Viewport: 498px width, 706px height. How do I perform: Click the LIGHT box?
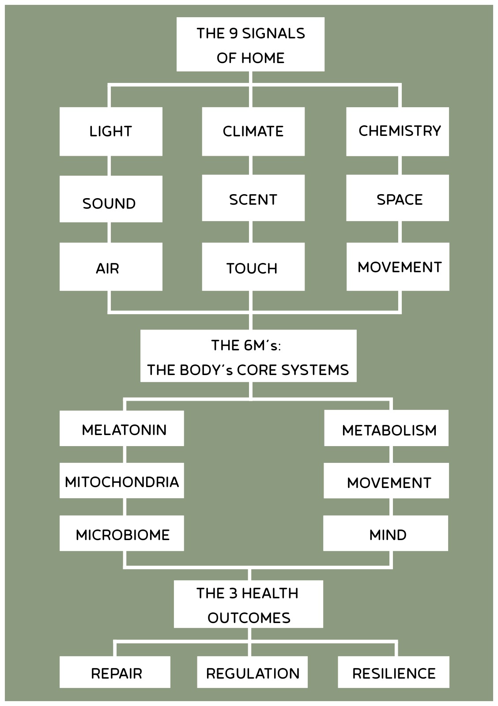[111, 131]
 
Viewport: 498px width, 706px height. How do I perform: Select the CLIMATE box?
[253, 131]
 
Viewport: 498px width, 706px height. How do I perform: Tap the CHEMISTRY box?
[397, 131]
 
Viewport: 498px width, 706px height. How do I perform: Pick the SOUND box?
[111, 199]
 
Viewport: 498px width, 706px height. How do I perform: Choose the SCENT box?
[253, 198]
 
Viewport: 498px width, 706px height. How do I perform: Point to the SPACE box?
[397, 198]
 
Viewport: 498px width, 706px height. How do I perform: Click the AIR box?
[111, 267]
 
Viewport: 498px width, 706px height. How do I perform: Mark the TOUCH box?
[253, 267]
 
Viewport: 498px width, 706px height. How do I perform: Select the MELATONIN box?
[122, 428]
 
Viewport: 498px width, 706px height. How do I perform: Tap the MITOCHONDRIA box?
[122, 481]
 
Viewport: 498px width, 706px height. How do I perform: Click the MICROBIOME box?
[122, 533]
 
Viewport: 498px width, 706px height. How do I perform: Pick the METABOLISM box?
[386, 428]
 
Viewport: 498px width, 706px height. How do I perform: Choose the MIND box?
[385, 533]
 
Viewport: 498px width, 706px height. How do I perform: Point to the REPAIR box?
[115, 672]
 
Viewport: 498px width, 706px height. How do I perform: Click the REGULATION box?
[252, 672]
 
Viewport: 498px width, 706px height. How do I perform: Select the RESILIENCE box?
[393, 672]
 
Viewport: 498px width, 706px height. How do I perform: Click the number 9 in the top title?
[234, 34]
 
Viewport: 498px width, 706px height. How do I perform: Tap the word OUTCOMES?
[249, 618]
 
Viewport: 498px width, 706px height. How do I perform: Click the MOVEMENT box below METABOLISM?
[386, 481]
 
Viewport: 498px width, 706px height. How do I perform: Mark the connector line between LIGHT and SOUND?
[109, 166]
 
